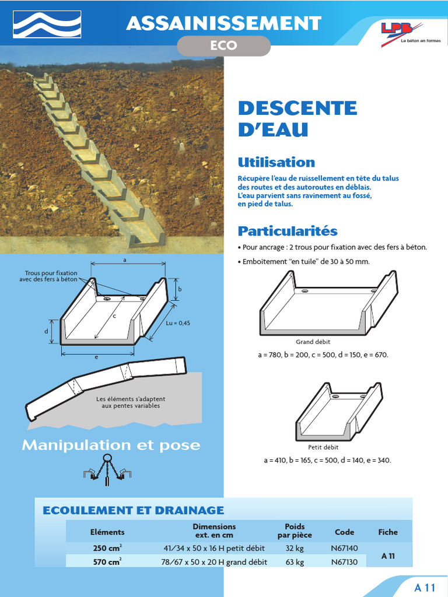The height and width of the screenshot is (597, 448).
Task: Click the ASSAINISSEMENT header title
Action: click(x=223, y=23)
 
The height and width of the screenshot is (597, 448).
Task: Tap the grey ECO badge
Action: click(x=223, y=46)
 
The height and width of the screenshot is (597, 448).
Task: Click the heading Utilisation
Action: click(x=276, y=162)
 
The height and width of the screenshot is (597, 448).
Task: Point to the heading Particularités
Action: click(x=287, y=231)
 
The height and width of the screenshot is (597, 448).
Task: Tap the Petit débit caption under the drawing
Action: click(x=323, y=448)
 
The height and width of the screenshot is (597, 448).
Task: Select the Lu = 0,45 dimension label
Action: click(x=178, y=323)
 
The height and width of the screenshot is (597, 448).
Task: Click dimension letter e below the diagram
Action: click(x=97, y=357)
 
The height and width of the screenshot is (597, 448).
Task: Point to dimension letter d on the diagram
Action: click(x=46, y=331)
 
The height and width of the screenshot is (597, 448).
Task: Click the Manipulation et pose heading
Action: click(x=111, y=445)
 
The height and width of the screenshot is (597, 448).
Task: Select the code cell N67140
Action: click(x=344, y=548)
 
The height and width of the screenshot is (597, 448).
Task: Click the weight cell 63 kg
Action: click(x=295, y=562)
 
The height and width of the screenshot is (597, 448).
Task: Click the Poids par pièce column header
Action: click(x=295, y=531)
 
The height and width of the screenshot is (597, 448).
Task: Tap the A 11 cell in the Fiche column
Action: click(x=388, y=556)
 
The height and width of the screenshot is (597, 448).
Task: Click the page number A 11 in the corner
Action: click(x=425, y=587)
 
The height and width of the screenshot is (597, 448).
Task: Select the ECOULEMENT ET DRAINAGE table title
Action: click(x=134, y=510)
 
